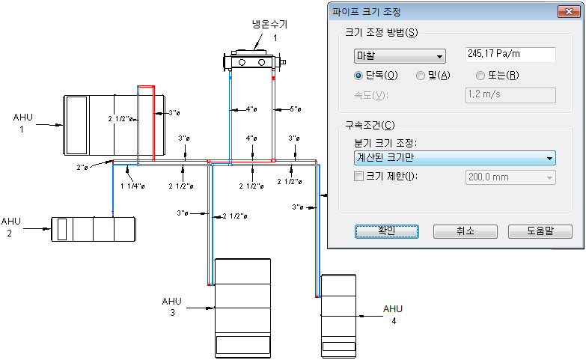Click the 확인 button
click(x=385, y=231)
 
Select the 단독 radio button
click(x=359, y=76)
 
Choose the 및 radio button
click(x=421, y=76)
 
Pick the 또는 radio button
click(x=480, y=76)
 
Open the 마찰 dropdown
click(x=399, y=55)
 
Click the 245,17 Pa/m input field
click(x=510, y=55)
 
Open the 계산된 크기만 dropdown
click(x=454, y=158)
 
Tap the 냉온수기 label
click(x=269, y=25)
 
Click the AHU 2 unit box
click(x=94, y=229)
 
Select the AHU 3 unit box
click(x=242, y=308)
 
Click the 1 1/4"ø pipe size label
click(x=132, y=186)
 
